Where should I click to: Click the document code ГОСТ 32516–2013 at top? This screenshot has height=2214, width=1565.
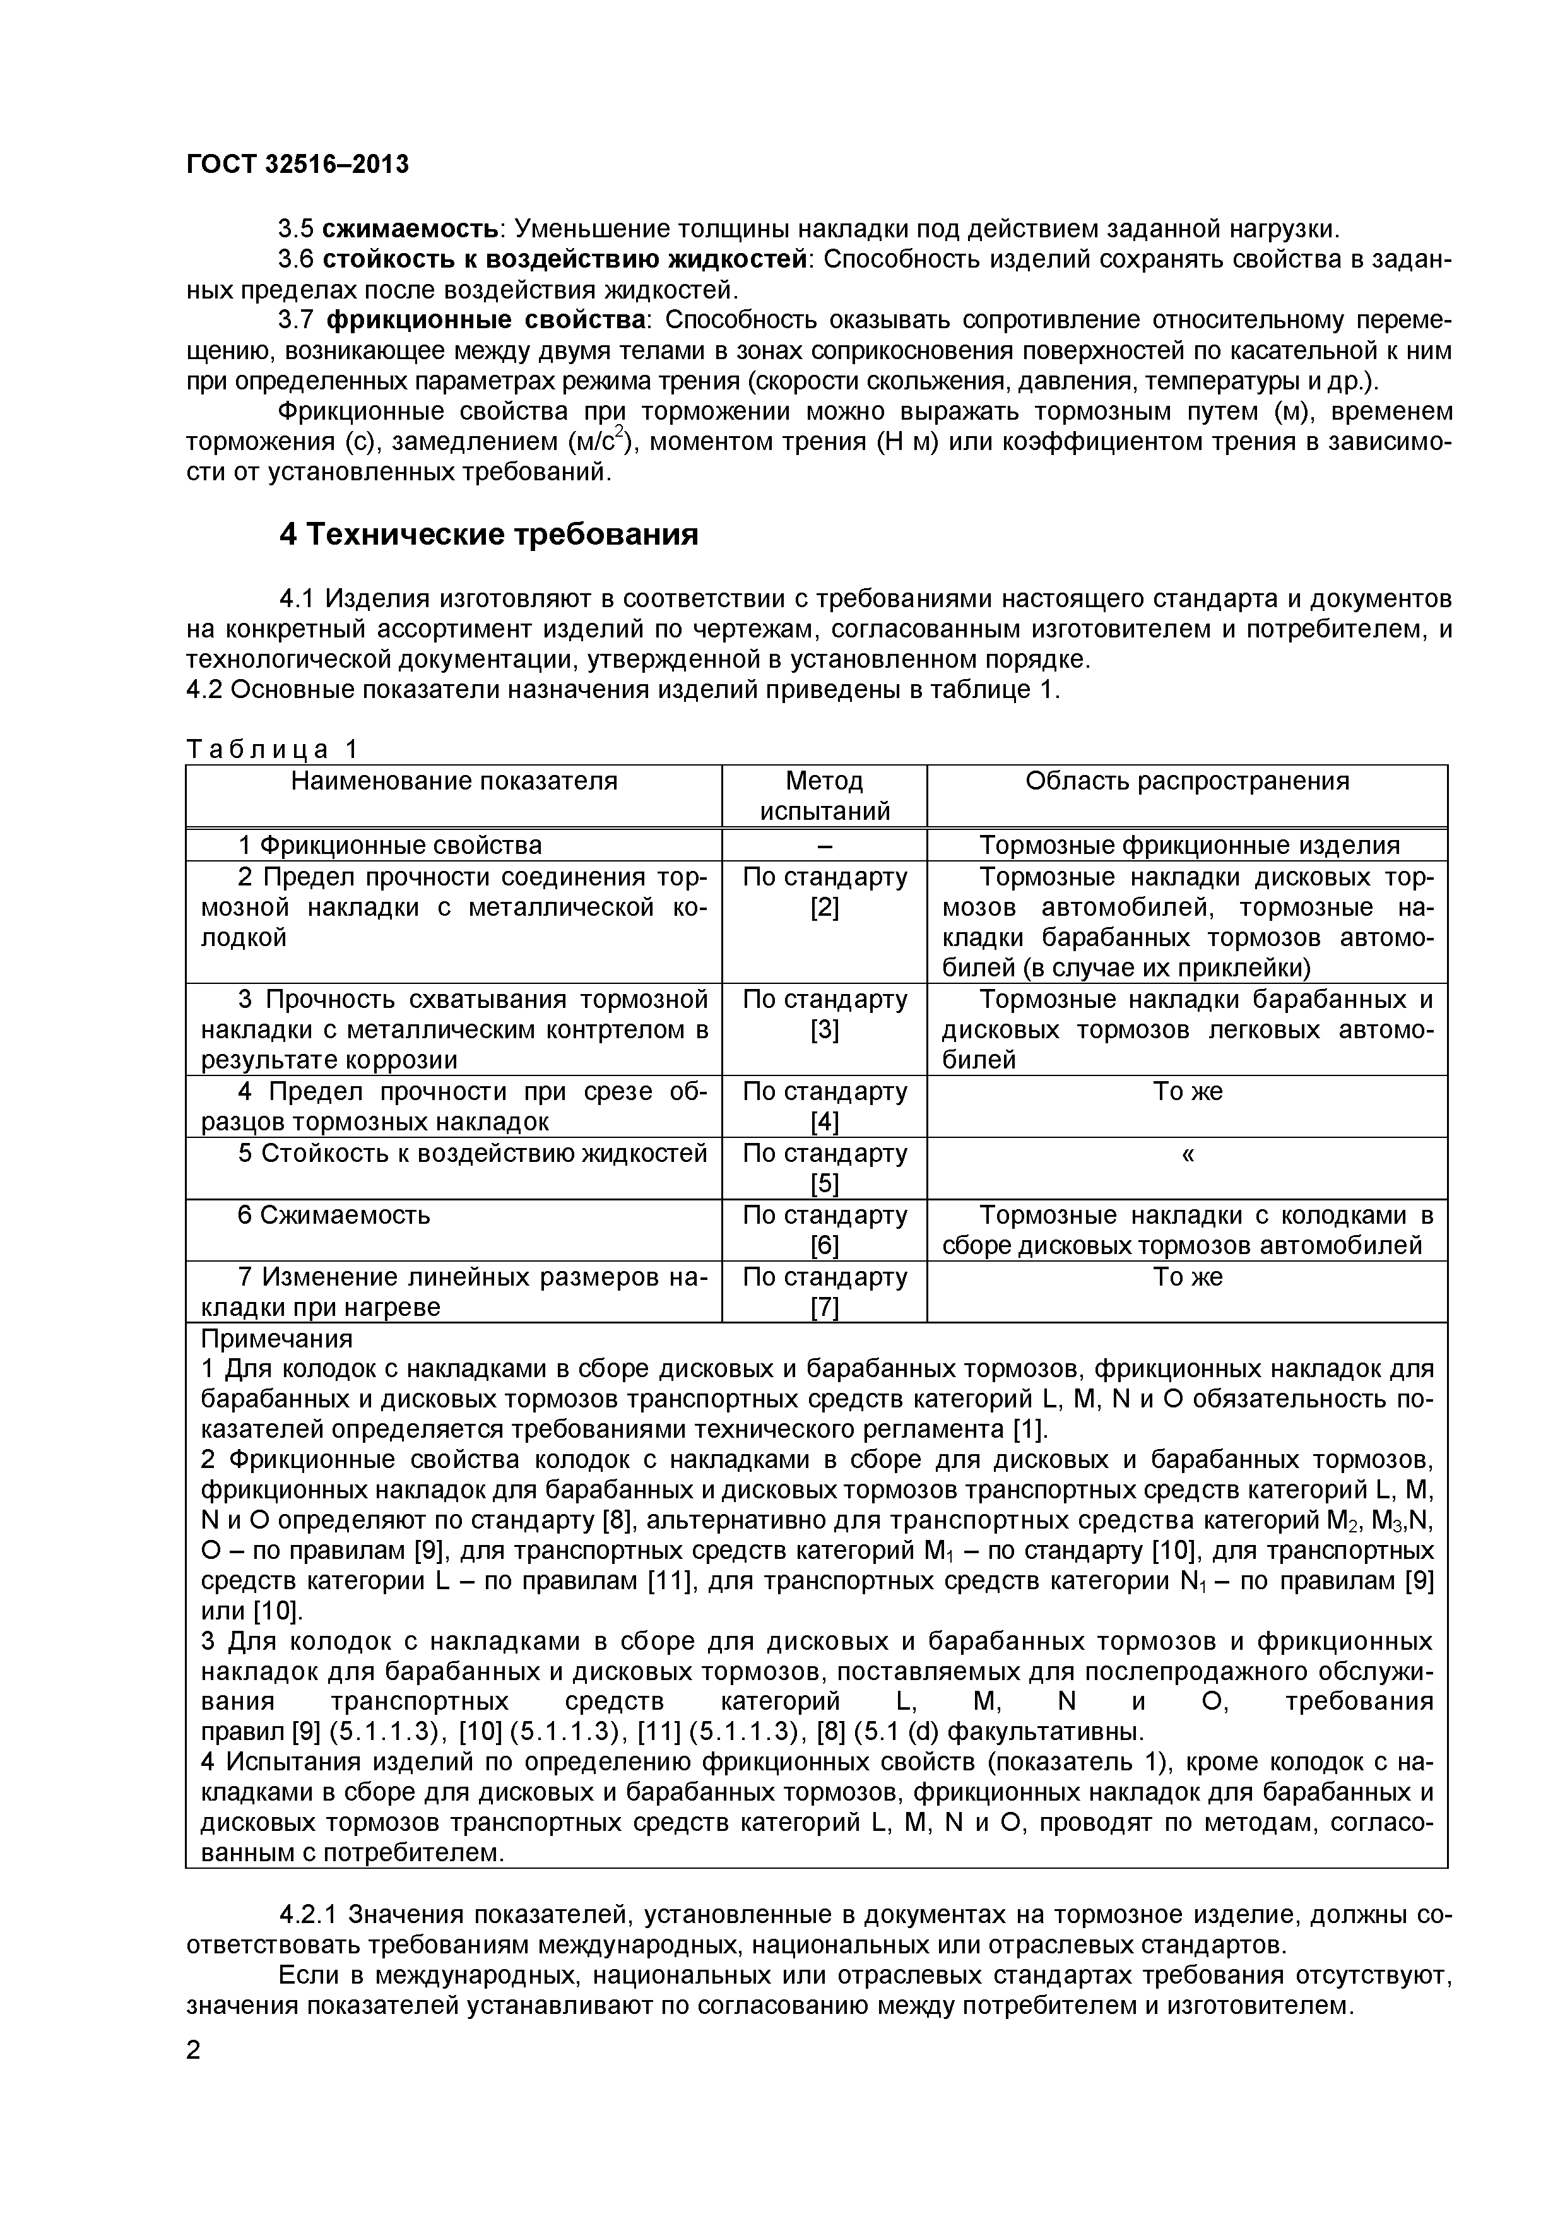tap(297, 165)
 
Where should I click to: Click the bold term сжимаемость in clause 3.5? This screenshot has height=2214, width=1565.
tap(410, 230)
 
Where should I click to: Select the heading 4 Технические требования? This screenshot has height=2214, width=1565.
tap(488, 534)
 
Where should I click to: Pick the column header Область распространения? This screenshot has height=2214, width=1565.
tap(1187, 781)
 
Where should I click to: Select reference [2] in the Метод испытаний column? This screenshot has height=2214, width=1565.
tap(824, 908)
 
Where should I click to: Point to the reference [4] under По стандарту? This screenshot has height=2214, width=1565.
tap(824, 1122)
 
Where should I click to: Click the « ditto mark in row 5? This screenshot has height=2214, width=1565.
tap(1187, 1154)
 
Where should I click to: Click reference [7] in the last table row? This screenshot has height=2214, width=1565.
tap(824, 1308)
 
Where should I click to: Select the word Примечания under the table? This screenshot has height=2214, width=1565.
tap(277, 1339)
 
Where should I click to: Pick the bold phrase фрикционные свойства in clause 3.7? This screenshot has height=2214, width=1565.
tap(486, 320)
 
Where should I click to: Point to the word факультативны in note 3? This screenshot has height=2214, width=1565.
tap(1046, 1731)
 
